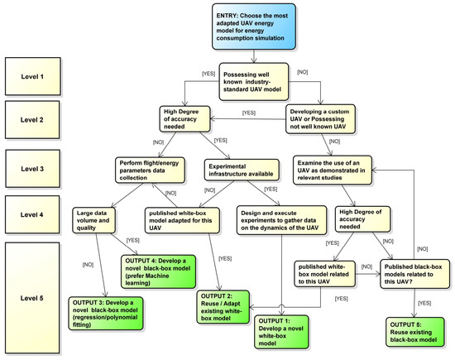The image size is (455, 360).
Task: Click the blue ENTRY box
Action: [254, 26]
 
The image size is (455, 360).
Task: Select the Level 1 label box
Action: [33, 76]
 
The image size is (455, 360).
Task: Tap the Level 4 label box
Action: [32, 214]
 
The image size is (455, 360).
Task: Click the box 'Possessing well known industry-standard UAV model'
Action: [254, 82]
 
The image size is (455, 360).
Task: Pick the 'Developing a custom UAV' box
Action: [320, 119]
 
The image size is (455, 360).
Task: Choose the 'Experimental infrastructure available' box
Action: [242, 170]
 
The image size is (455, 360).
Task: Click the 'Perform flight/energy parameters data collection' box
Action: [150, 170]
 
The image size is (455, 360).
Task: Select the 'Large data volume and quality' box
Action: [93, 220]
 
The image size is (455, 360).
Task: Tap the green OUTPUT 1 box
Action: [281, 332]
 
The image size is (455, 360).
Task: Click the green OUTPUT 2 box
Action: [223, 307]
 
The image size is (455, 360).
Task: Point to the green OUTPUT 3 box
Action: [106, 314]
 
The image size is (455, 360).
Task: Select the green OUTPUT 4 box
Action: [159, 271]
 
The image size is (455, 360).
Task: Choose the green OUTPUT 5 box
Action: [415, 332]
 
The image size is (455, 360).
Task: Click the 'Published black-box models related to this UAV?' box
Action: [415, 274]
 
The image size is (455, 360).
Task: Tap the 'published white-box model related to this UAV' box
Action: [325, 274]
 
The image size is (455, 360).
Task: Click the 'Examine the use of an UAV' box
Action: [333, 170]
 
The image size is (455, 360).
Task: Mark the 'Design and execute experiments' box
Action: [281, 220]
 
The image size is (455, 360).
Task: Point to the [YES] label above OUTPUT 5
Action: [424, 303]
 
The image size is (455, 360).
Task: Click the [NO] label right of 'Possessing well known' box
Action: [302, 72]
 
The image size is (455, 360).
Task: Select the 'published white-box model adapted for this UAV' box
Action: [182, 220]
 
